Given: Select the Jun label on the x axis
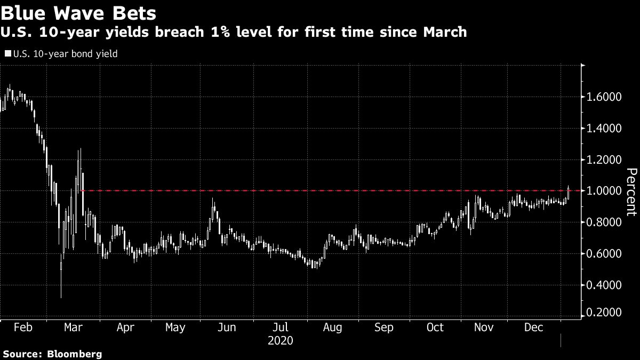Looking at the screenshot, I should (227, 327).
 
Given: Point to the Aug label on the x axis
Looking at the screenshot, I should (332, 327).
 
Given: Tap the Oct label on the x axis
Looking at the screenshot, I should (435, 327).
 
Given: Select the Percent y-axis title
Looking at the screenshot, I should (631, 192).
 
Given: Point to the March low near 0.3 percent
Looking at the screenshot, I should (61, 297).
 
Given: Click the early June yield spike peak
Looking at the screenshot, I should (213, 198).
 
